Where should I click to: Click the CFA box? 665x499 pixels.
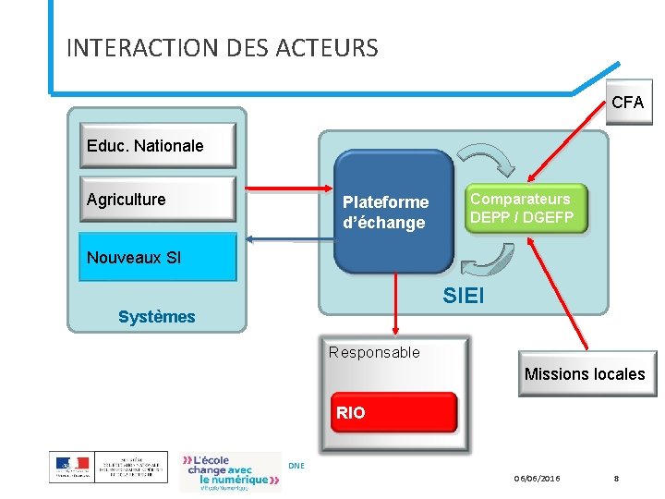(628, 103)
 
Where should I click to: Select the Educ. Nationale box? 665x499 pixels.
(157, 146)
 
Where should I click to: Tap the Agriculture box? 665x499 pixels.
(157, 200)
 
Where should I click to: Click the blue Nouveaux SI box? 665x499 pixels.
(157, 258)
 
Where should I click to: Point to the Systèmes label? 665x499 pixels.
(157, 317)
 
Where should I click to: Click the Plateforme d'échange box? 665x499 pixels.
(393, 213)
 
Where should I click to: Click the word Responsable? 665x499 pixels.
(374, 352)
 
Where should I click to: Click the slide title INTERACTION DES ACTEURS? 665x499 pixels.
(223, 48)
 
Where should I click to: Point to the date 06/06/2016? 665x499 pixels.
(538, 478)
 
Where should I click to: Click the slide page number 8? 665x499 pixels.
(617, 478)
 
